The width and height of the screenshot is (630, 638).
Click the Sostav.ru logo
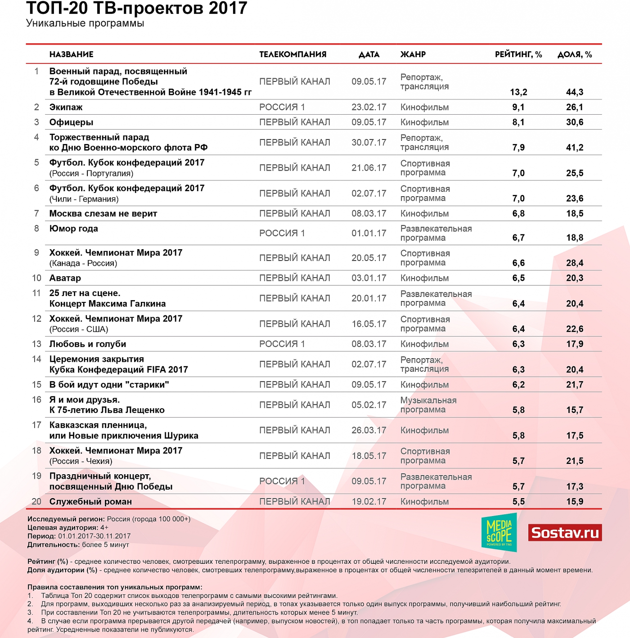click(x=565, y=533)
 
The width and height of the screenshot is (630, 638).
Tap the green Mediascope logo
click(x=499, y=532)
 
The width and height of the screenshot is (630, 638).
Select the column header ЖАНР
click(x=413, y=54)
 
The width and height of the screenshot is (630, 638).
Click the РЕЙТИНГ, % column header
click(x=518, y=54)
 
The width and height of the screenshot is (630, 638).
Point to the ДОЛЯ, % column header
click(x=575, y=54)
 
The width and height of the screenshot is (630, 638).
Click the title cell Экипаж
click(x=66, y=107)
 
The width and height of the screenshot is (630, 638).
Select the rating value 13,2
click(x=518, y=92)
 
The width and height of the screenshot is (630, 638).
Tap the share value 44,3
click(x=575, y=92)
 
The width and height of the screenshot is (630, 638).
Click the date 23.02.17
click(x=369, y=107)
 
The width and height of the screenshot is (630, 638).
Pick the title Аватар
click(x=65, y=278)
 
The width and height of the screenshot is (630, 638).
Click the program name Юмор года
click(x=74, y=229)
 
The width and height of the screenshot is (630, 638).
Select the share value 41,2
click(x=575, y=148)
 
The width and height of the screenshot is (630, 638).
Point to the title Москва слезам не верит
click(x=103, y=214)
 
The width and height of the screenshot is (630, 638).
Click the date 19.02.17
click(x=369, y=502)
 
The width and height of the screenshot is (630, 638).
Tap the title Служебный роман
click(x=90, y=502)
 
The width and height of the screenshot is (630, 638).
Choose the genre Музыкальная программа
click(x=428, y=405)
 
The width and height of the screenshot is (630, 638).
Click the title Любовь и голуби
click(x=88, y=344)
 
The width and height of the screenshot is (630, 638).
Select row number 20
click(x=36, y=502)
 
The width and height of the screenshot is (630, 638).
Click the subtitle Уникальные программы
click(x=85, y=23)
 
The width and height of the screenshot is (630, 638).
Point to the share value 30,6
click(x=575, y=122)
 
